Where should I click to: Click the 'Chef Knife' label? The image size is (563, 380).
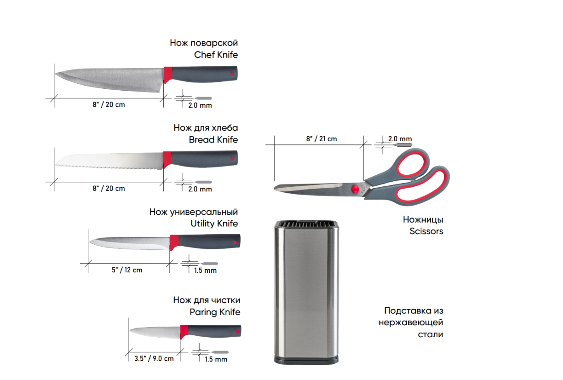point(216,55)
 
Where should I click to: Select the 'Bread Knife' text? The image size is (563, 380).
point(213,139)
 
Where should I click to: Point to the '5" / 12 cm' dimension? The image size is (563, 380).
point(127,270)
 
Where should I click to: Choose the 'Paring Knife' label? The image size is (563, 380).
point(215,312)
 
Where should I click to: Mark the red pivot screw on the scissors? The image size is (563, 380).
point(355,189)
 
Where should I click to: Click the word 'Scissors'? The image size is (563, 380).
point(426,231)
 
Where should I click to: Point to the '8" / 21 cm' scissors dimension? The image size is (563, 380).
point(322,138)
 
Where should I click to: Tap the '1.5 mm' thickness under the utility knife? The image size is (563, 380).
point(205,270)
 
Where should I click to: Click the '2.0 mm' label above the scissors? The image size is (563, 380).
point(400,138)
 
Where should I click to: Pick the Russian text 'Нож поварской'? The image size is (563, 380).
point(204,43)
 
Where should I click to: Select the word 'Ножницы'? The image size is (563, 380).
point(423,219)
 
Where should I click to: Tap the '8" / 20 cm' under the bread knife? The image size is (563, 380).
point(109,188)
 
